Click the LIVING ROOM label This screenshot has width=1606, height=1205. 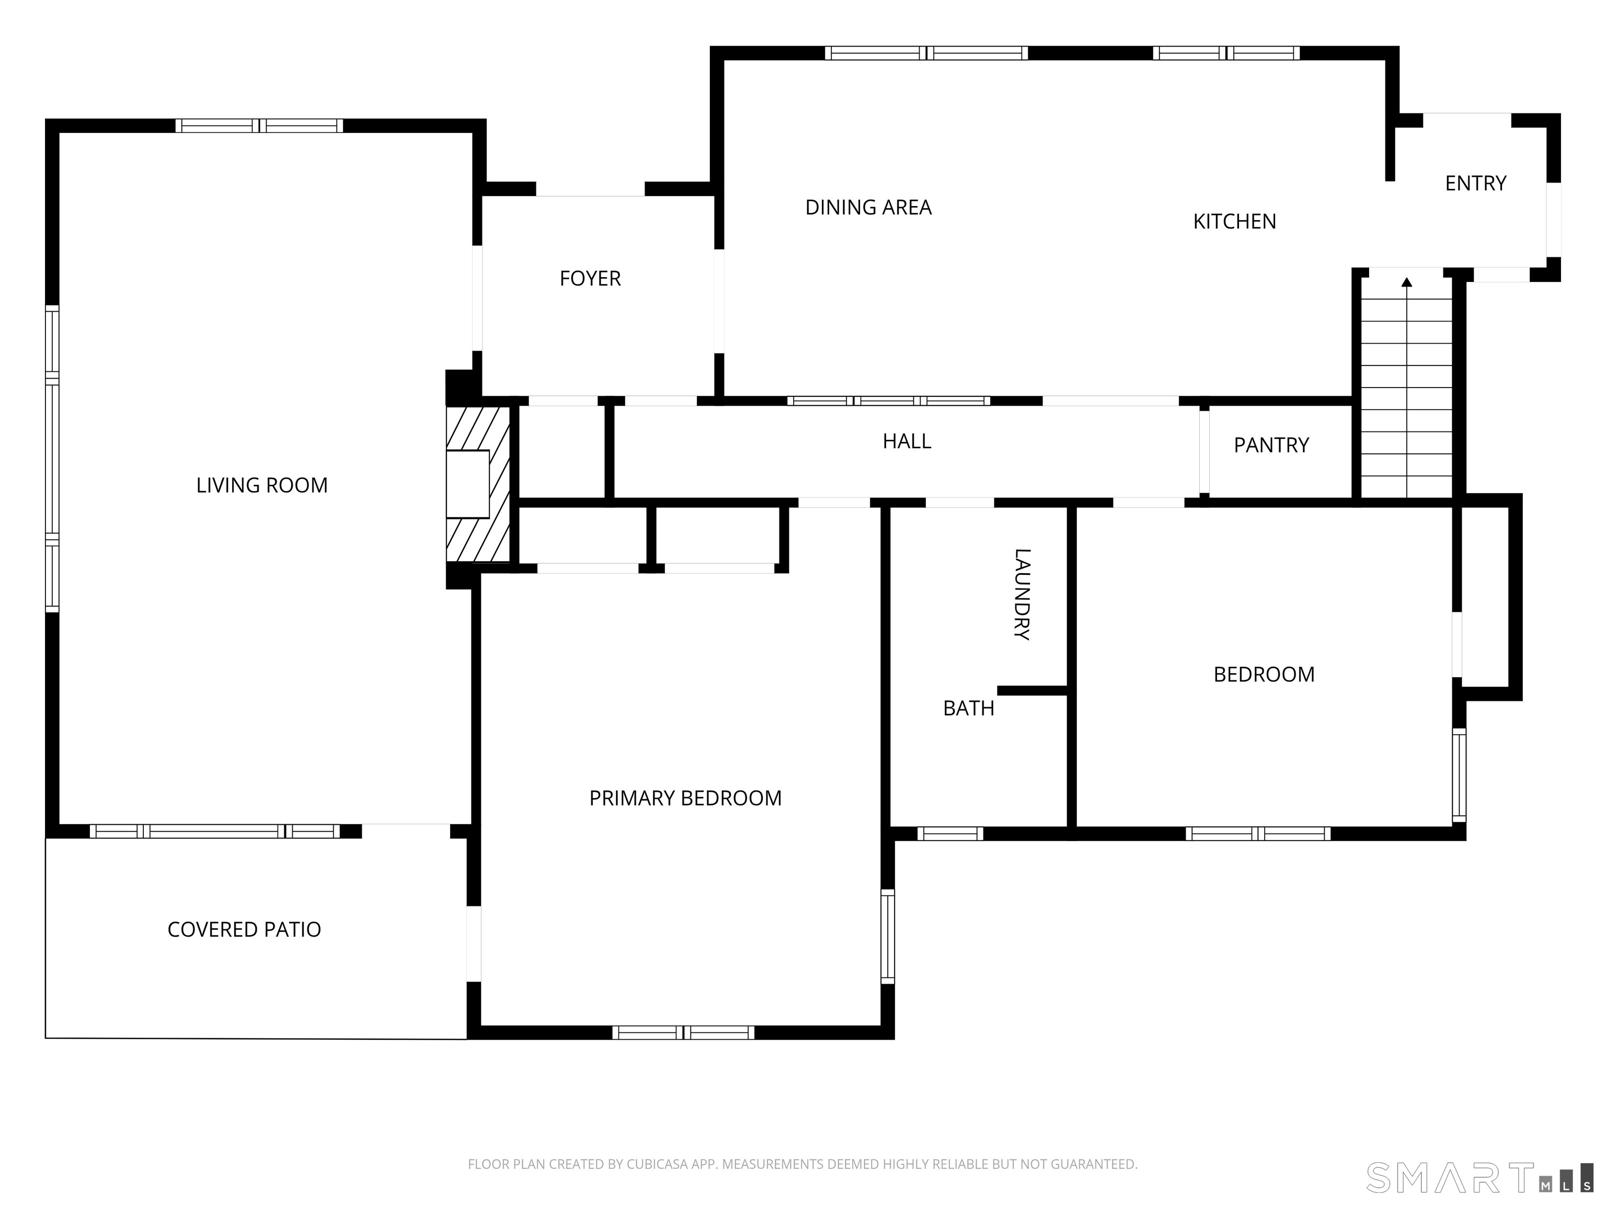point(261,485)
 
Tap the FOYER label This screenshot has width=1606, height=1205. point(590,279)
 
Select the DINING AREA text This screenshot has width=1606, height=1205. point(868,208)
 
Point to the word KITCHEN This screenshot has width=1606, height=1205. point(1234,222)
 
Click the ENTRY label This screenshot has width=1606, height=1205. point(1475,184)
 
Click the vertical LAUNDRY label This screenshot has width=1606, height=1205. point(1022,594)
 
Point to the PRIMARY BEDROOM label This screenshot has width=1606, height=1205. point(685,798)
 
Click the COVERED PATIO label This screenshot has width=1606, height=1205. point(244,930)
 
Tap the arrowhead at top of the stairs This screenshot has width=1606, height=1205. point(1406,282)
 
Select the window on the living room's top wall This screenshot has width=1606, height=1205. point(259,126)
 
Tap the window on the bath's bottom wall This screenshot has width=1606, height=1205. point(950,834)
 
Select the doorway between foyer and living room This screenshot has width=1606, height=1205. point(477,299)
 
